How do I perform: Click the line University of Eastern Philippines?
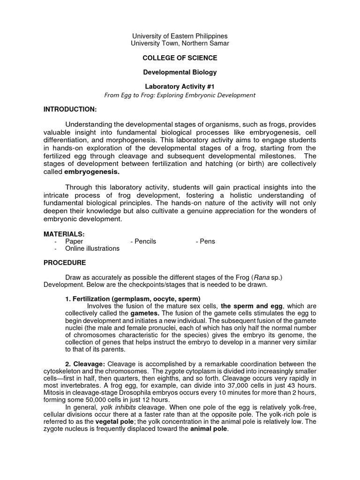point(180,36)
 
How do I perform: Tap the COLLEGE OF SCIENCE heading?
point(180,58)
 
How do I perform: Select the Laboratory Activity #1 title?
point(180,87)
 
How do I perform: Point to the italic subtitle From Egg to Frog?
point(180,95)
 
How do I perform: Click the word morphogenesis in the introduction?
point(138,140)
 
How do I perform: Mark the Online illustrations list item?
point(92,248)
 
